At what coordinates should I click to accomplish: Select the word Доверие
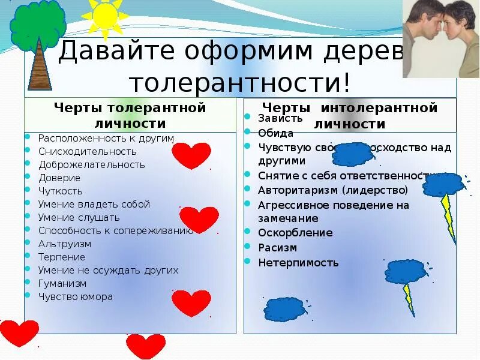pyautogui.click(x=59, y=178)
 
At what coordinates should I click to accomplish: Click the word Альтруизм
pyautogui.click(x=65, y=244)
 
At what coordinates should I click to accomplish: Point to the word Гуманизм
pyautogui.click(x=62, y=283)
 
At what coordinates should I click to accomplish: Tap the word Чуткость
pyautogui.click(x=61, y=191)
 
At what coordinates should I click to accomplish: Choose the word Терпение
pyautogui.click(x=62, y=257)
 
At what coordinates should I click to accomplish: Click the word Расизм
pyautogui.click(x=277, y=247)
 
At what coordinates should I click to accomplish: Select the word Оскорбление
pyautogui.click(x=295, y=233)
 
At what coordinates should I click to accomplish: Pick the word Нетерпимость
pyautogui.click(x=298, y=262)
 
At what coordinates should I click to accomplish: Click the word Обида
pyautogui.click(x=275, y=133)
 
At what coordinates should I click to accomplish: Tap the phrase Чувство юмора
pyautogui.click(x=76, y=296)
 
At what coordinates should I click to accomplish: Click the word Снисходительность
pyautogui.click(x=88, y=151)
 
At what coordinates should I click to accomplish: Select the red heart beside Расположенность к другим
pyautogui.click(x=191, y=155)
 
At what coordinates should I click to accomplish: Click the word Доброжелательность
pyautogui.click(x=92, y=164)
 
